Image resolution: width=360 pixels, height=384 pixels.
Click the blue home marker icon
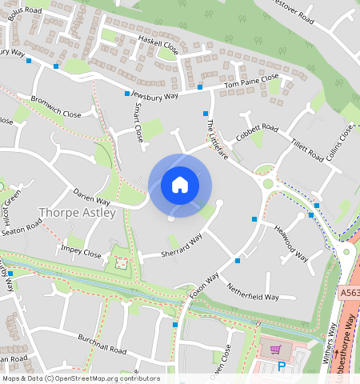coord(180,185)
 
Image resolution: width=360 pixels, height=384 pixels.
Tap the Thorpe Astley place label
coord(77,213)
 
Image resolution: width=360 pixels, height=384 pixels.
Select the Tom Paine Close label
coord(251,81)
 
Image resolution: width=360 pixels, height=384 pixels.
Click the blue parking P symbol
coord(281,366)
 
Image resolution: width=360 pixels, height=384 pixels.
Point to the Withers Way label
coord(330,343)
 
